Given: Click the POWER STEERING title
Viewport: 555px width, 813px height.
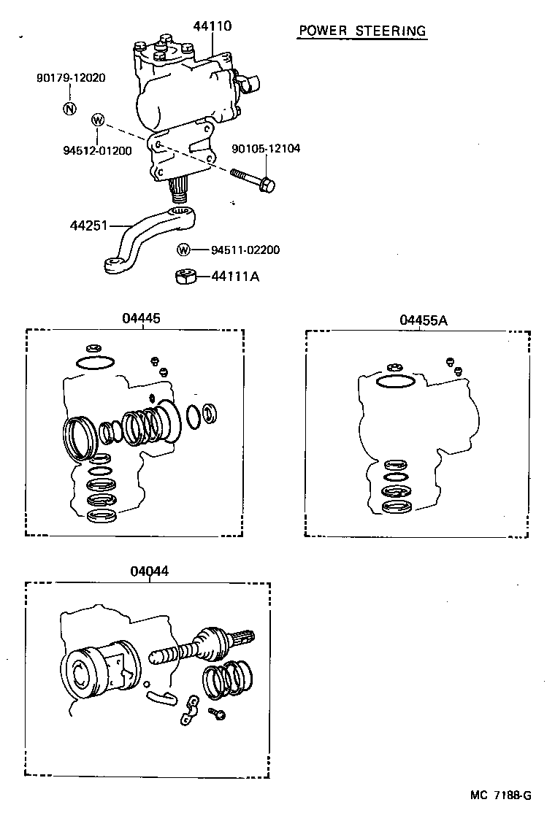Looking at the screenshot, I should pos(361,31).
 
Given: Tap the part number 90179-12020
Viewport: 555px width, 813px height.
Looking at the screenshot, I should pos(70,77).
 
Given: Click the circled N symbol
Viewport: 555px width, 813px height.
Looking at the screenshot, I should pos(69,109).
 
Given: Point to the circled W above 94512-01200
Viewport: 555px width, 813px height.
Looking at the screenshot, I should pos(98,120).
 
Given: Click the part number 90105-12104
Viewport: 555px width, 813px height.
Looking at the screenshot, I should pos(266,148).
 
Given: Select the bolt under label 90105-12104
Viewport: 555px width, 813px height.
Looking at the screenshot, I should pos(252,180).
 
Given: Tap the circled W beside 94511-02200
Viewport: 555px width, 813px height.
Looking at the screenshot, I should pos(183,250).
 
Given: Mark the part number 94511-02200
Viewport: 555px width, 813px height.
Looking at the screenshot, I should pos(245,250).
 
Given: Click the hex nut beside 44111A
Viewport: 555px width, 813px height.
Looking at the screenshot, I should pos(185,277).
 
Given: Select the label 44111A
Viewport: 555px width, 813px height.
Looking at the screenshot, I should pos(235,277).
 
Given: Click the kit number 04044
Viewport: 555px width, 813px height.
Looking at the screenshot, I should pos(149,572).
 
